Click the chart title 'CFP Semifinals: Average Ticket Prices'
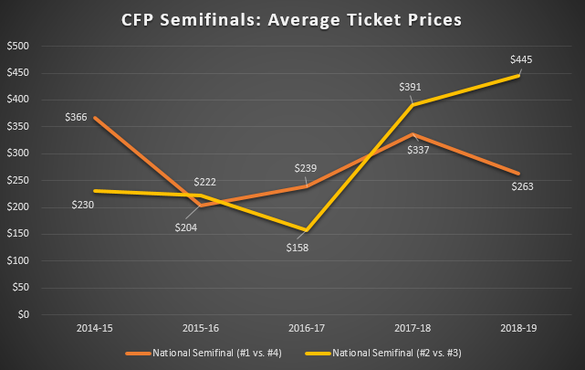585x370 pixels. [292, 18]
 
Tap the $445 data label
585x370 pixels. [520, 60]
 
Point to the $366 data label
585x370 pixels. [76, 117]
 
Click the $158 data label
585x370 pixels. [298, 247]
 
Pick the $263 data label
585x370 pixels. [520, 187]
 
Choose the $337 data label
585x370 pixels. [418, 151]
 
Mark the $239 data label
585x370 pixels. [305, 169]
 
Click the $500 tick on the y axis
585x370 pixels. [18, 47]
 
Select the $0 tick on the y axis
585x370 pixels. [24, 314]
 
